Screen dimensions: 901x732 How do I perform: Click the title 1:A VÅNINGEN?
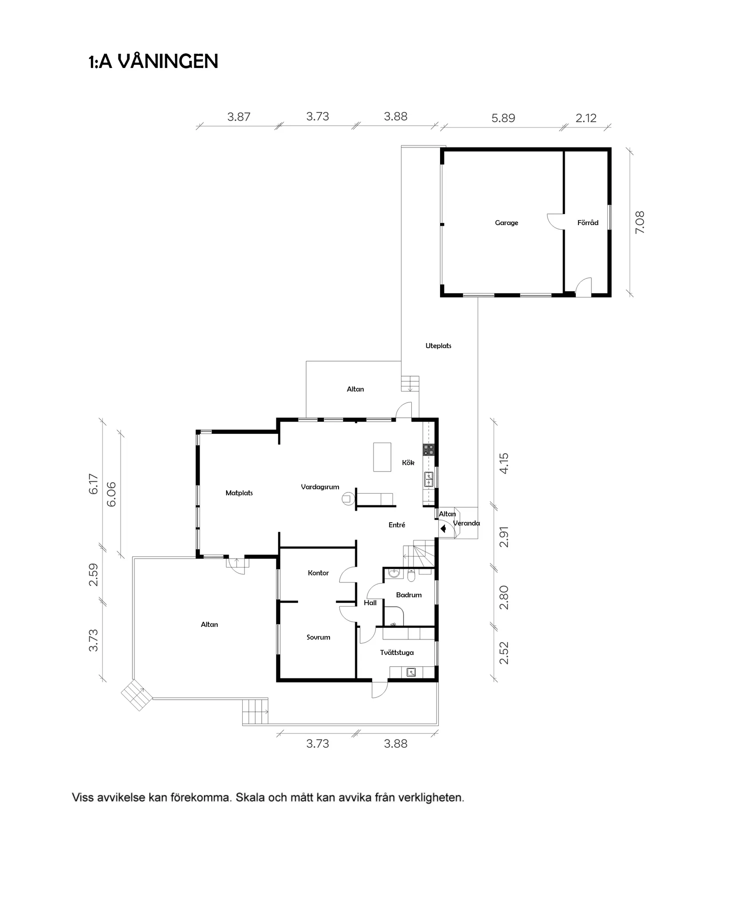click(153, 61)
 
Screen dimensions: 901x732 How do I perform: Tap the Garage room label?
click(506, 223)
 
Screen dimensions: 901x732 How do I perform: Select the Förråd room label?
click(587, 223)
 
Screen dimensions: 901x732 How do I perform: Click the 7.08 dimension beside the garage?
click(639, 222)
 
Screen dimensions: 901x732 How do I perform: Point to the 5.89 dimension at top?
click(503, 118)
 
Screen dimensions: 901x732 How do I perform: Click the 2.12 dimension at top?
click(586, 118)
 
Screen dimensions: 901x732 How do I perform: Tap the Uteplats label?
click(438, 345)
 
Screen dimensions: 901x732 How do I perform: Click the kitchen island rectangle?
click(382, 457)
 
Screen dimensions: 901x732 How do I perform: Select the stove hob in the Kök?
click(428, 449)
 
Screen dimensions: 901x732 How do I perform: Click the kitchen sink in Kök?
click(429, 479)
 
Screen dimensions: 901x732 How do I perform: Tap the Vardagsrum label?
click(320, 487)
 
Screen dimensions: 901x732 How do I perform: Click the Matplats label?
click(239, 493)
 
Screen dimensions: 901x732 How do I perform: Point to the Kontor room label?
click(318, 573)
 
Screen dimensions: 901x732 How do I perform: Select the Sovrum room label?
click(318, 637)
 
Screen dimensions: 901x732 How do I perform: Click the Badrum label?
click(409, 595)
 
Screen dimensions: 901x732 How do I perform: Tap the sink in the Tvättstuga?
click(411, 672)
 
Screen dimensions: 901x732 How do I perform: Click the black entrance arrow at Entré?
click(443, 529)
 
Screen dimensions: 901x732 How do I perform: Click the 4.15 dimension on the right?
click(504, 463)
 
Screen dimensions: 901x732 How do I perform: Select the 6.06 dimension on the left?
click(111, 494)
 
